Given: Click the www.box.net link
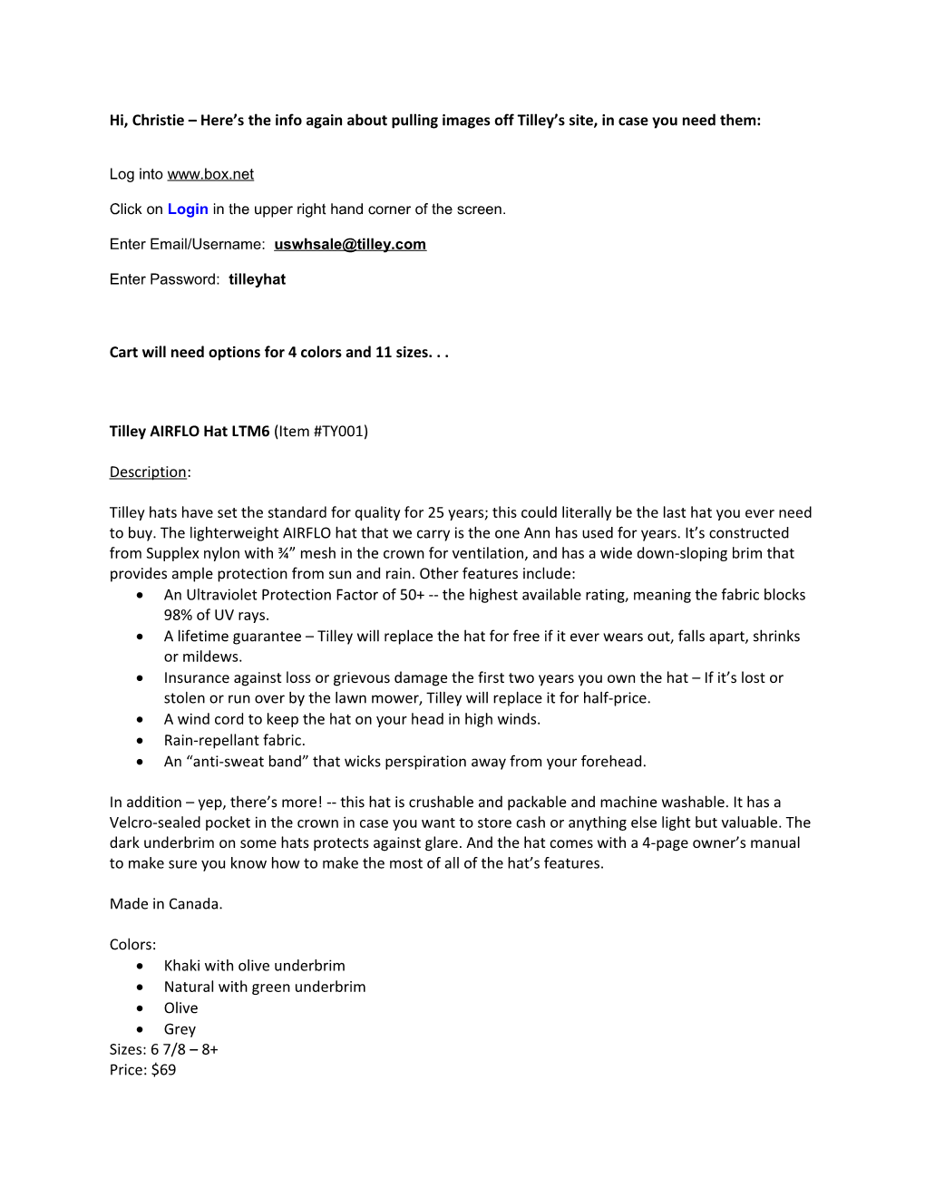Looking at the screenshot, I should pyautogui.click(x=210, y=174).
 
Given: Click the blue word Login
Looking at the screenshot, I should pyautogui.click(x=188, y=209).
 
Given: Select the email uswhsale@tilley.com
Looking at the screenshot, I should pyautogui.click(x=350, y=244).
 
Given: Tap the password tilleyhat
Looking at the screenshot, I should pyautogui.click(x=257, y=279).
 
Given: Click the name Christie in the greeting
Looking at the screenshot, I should pyautogui.click(x=158, y=121).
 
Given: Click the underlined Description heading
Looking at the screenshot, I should pyautogui.click(x=148, y=472).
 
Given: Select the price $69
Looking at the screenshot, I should pyautogui.click(x=163, y=1070).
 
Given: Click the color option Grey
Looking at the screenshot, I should pyautogui.click(x=180, y=1029).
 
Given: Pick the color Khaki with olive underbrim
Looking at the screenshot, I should pyautogui.click(x=254, y=966).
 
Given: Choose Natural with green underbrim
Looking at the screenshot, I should pyautogui.click(x=265, y=987).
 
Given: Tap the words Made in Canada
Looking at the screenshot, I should pyautogui.click(x=166, y=904).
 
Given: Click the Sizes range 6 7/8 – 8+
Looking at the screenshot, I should pyautogui.click(x=184, y=1049).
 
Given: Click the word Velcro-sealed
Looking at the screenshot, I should pyautogui.click(x=151, y=822).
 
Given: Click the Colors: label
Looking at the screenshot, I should pyautogui.click(x=132, y=944).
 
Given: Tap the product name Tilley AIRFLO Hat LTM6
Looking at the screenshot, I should pyautogui.click(x=190, y=432).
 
